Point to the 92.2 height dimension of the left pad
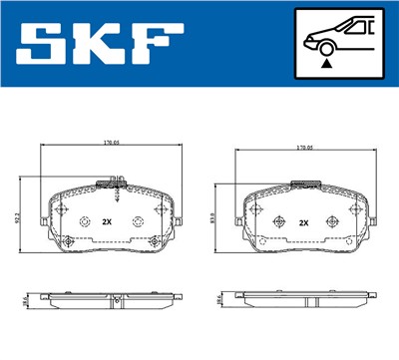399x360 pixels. [17, 212]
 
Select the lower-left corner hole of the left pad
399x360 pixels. [66, 242]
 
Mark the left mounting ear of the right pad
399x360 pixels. [231, 217]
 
